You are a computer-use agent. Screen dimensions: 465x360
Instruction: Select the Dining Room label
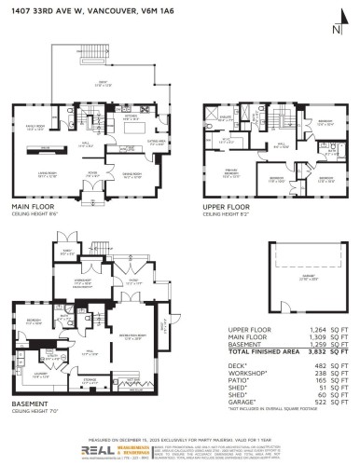(x=122, y=173)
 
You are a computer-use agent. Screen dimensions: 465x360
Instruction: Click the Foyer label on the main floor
(x=92, y=173)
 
